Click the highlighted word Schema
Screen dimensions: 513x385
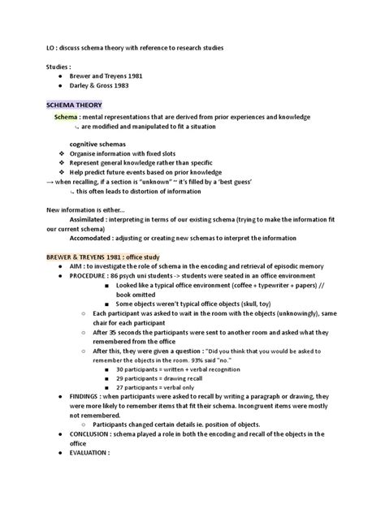66,117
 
